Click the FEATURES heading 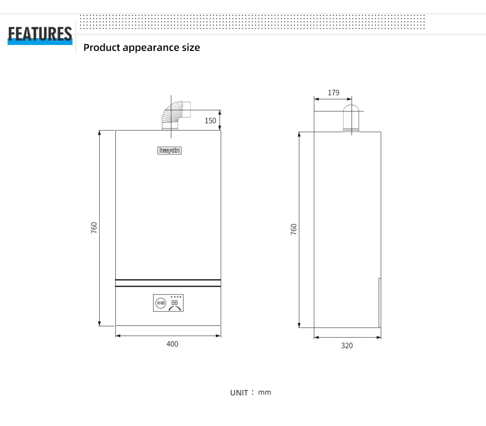pos(40,34)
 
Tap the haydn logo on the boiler pos(169,151)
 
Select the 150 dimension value pos(210,121)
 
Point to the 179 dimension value pos(333,92)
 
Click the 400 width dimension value pos(172,344)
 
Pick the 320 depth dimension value pos(347,346)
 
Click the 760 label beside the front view pos(94,228)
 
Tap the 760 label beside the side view pos(293,230)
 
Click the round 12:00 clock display pos(161,303)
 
